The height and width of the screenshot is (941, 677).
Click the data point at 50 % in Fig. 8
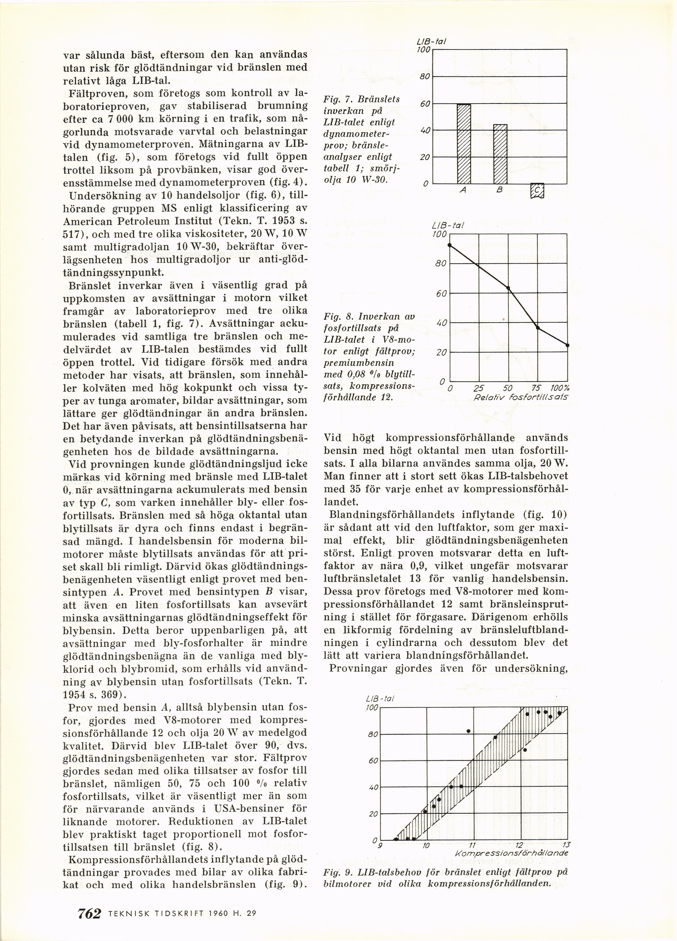pyautogui.click(x=508, y=288)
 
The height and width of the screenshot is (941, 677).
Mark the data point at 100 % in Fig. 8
pyautogui.click(x=567, y=345)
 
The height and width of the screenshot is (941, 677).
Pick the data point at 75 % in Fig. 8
pyautogui.click(x=538, y=328)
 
